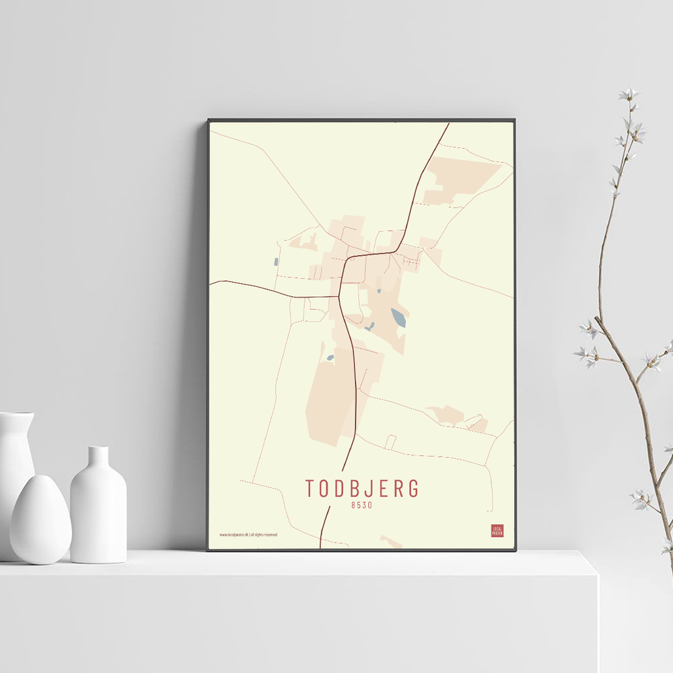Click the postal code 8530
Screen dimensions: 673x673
point(361,505)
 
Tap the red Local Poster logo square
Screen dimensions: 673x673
point(497,531)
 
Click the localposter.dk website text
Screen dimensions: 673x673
point(234,534)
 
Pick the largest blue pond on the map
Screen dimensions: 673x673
point(398,317)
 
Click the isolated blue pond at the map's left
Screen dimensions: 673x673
point(276,262)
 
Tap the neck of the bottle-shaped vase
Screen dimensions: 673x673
point(98,457)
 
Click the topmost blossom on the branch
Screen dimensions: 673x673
point(629,94)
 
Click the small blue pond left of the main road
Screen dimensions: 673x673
point(330,357)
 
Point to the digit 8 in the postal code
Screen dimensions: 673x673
point(353,505)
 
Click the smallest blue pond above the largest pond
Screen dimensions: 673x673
point(379,291)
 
